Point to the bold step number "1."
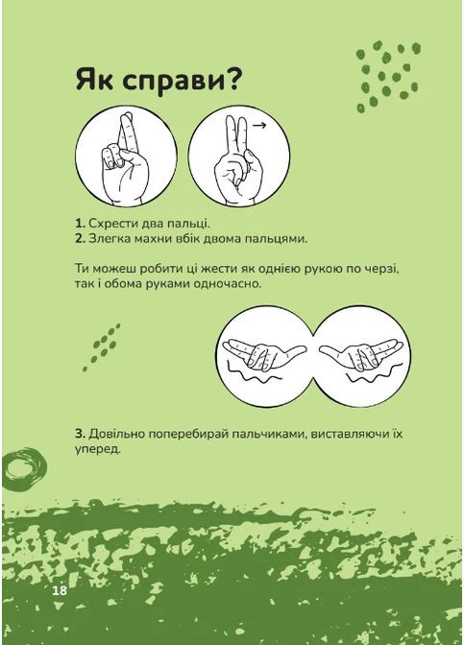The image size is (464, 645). pos(79,222)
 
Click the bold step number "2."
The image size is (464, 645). pos(79,237)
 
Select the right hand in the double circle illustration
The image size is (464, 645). pos(356,353)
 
